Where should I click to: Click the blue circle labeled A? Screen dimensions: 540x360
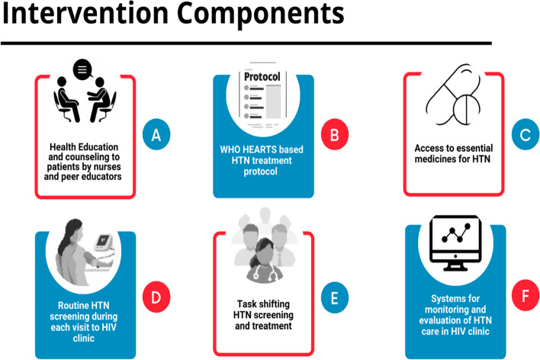[156, 134]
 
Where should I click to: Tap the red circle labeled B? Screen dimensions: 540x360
[335, 134]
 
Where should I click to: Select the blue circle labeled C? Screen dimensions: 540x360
[526, 134]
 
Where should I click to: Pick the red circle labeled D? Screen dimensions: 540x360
[156, 297]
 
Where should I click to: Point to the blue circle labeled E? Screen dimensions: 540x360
[335, 297]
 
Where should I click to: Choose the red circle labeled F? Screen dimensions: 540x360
[526, 295]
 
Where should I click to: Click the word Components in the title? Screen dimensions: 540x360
[261, 15]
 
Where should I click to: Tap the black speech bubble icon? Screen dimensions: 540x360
[82, 69]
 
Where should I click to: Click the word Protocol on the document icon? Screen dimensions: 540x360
[262, 76]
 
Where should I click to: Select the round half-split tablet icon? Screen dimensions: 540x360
[466, 109]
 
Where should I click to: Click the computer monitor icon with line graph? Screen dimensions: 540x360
[455, 243]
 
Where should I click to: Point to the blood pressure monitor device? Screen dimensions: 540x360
[103, 243]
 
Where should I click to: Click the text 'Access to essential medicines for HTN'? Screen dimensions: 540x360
[454, 153]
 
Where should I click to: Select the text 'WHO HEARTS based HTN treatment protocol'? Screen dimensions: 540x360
[262, 160]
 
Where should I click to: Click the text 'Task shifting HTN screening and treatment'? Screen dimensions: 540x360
[263, 315]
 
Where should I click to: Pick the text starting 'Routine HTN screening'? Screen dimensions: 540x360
[84, 322]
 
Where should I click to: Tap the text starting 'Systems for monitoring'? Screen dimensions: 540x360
[455, 315]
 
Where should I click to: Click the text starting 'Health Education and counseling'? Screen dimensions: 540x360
[83, 162]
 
